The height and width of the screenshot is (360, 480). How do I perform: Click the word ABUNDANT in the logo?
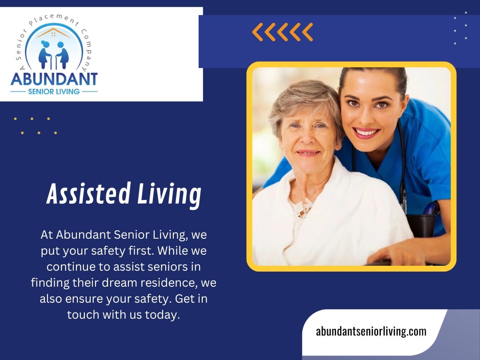click(x=54, y=79)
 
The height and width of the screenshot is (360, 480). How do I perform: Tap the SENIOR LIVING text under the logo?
click(x=54, y=92)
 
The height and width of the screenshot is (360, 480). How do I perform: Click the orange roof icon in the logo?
click(x=54, y=33)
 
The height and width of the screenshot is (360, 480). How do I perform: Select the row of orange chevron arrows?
click(x=282, y=32)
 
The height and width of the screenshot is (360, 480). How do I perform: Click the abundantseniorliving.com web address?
click(x=371, y=331)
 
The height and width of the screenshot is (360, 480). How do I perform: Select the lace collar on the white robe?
click(x=305, y=208)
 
